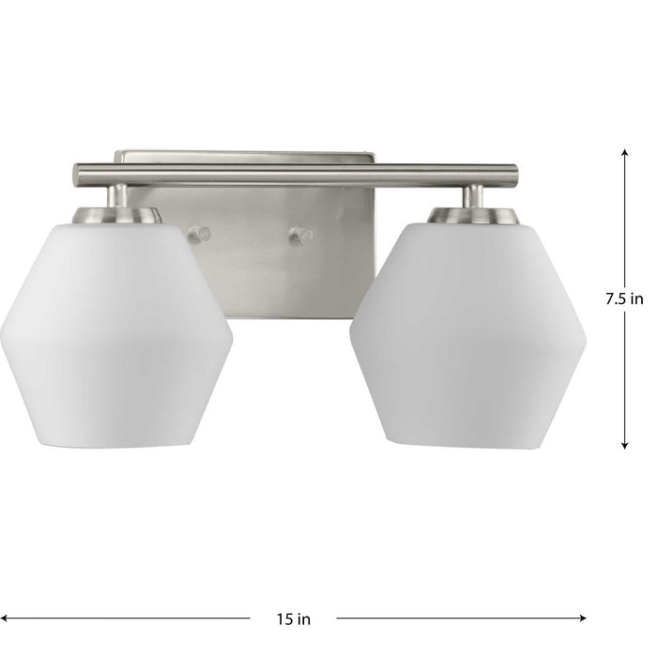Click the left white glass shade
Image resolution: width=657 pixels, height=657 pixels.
pyautogui.click(x=115, y=333)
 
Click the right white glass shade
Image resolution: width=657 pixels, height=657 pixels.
pyautogui.click(x=467, y=333)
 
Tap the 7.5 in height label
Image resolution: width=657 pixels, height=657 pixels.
pyautogui.click(x=624, y=299)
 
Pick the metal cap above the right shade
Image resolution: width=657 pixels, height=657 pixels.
pyautogui.click(x=474, y=215)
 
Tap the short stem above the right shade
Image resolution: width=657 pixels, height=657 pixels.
pyautogui.click(x=474, y=195)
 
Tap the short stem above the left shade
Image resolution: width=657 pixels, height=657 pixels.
pyautogui.click(x=119, y=195)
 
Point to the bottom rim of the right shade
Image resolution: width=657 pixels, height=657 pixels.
pyautogui.click(x=467, y=444)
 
